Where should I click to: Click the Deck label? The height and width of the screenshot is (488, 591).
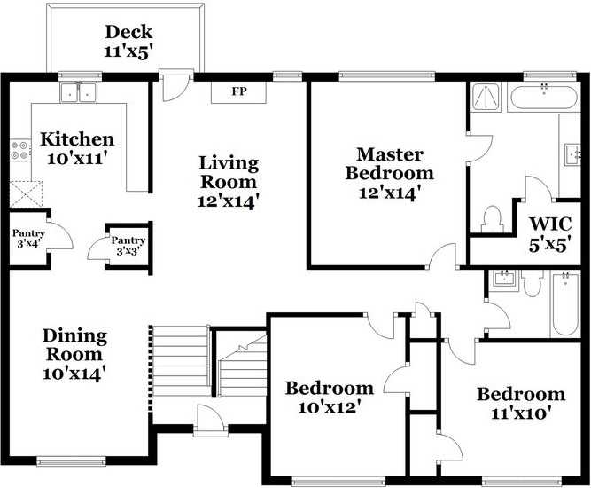(x=129, y=41)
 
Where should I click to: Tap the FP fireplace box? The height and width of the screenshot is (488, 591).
(x=238, y=91)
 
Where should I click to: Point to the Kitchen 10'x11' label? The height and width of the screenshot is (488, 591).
(x=78, y=148)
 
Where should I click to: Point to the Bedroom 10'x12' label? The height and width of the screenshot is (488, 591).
(x=329, y=397)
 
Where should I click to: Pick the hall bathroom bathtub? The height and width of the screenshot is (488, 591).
(x=564, y=304)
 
